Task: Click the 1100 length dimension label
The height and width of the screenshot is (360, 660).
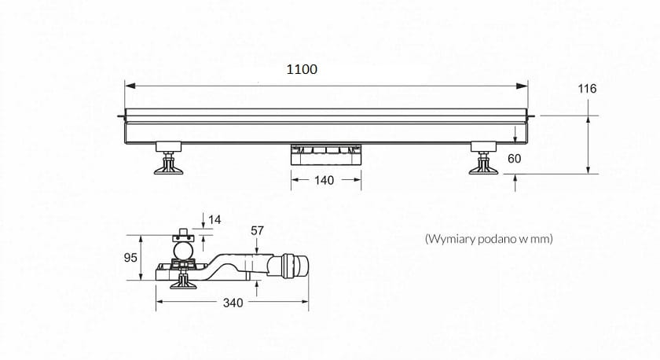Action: tap(302, 69)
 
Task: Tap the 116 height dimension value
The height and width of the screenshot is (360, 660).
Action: tap(587, 88)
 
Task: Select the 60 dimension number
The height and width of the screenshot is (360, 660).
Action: tap(514, 158)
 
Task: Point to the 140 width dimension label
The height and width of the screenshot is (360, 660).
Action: tap(324, 180)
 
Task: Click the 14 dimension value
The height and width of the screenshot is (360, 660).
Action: tap(214, 219)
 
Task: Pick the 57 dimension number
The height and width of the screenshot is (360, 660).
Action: tap(257, 231)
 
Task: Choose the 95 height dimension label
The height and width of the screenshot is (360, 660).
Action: tap(130, 257)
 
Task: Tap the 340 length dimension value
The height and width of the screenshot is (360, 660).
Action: tap(233, 303)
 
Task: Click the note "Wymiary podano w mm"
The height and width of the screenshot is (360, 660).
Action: tap(489, 239)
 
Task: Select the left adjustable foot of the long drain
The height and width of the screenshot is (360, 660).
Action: tap(168, 158)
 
